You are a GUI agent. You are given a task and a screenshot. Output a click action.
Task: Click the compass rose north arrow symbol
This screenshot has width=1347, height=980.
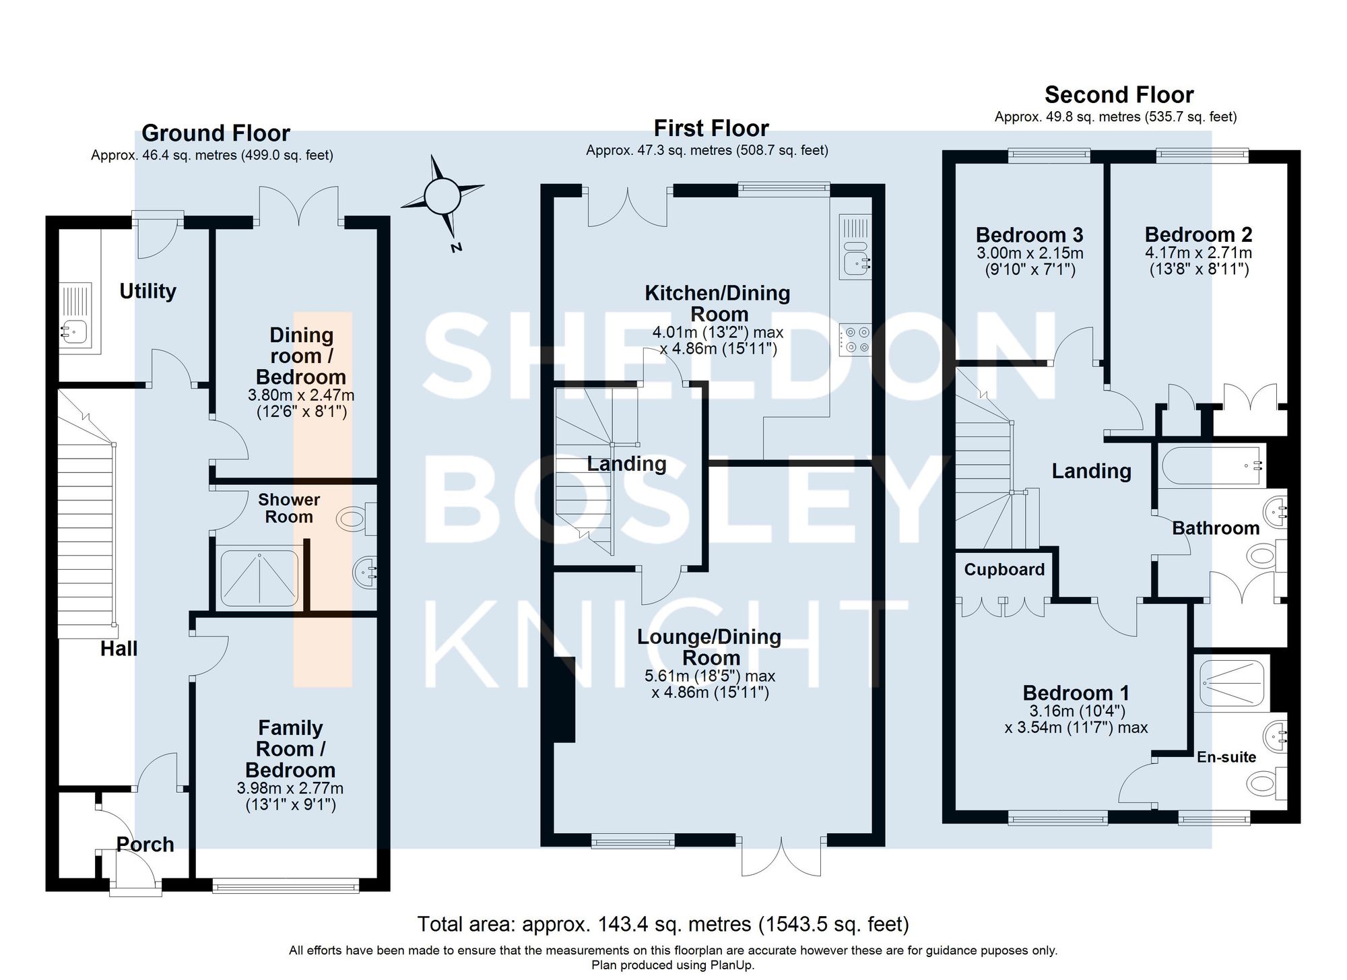[x=442, y=196]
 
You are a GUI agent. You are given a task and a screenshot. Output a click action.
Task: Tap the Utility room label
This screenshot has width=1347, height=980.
[x=147, y=291]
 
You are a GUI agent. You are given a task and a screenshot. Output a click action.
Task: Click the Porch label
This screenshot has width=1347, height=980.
[x=145, y=845]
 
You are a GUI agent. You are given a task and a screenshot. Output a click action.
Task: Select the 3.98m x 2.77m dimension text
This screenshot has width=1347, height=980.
[x=290, y=788]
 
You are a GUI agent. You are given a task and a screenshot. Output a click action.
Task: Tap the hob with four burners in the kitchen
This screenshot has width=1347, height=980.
[x=855, y=339]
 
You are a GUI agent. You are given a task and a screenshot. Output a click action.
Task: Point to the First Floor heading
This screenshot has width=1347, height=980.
[x=711, y=128]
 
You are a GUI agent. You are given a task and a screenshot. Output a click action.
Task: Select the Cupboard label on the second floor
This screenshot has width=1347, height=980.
[x=1004, y=570]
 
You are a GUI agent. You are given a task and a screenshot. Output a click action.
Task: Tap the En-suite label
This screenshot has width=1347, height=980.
[x=1226, y=757]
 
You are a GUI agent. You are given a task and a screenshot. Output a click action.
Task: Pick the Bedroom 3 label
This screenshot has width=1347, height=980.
[x=1029, y=235]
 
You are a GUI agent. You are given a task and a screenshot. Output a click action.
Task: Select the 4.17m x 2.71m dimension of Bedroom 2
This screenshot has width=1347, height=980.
[x=1198, y=253]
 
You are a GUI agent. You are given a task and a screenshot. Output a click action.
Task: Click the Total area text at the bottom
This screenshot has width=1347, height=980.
[x=663, y=924]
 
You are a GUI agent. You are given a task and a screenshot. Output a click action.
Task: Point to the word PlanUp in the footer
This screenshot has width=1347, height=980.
[x=731, y=965]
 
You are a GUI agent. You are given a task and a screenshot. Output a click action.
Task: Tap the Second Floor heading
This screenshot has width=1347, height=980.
[x=1119, y=94]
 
